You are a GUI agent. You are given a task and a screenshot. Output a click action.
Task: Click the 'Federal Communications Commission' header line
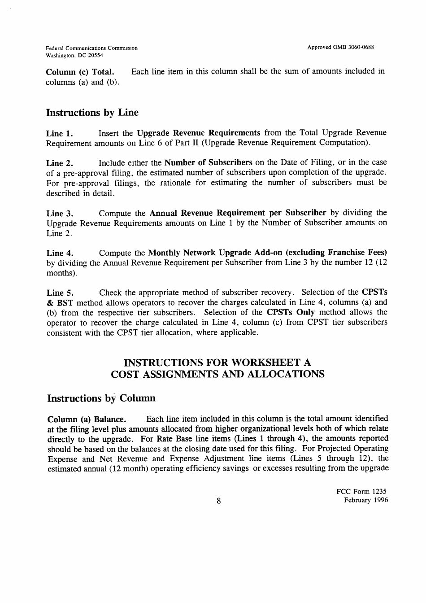coord(92,48)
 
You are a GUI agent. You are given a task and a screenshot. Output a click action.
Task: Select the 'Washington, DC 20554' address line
coord(74,56)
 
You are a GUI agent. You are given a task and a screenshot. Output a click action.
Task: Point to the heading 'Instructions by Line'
coord(92,113)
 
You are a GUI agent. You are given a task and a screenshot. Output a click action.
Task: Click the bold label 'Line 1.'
coord(60,134)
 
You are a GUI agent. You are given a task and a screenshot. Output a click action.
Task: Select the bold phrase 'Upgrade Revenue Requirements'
coord(198,133)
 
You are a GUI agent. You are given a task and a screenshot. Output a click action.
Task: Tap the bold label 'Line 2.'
coord(60,163)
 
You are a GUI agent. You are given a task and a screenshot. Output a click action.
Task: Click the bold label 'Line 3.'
coord(60,213)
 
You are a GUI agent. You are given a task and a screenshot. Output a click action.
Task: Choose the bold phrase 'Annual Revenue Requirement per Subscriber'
coord(238,213)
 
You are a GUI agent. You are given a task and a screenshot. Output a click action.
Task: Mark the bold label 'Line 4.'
coord(60,253)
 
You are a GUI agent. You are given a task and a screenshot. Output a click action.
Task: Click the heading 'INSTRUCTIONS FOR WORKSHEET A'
coord(217,363)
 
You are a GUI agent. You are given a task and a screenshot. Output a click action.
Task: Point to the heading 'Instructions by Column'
coord(101,398)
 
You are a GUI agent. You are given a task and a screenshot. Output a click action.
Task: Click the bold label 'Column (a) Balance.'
coord(87,419)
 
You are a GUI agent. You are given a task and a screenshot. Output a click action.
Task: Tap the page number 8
coord(218,501)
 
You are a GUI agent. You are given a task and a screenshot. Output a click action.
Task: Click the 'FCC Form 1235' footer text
coord(361,491)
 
